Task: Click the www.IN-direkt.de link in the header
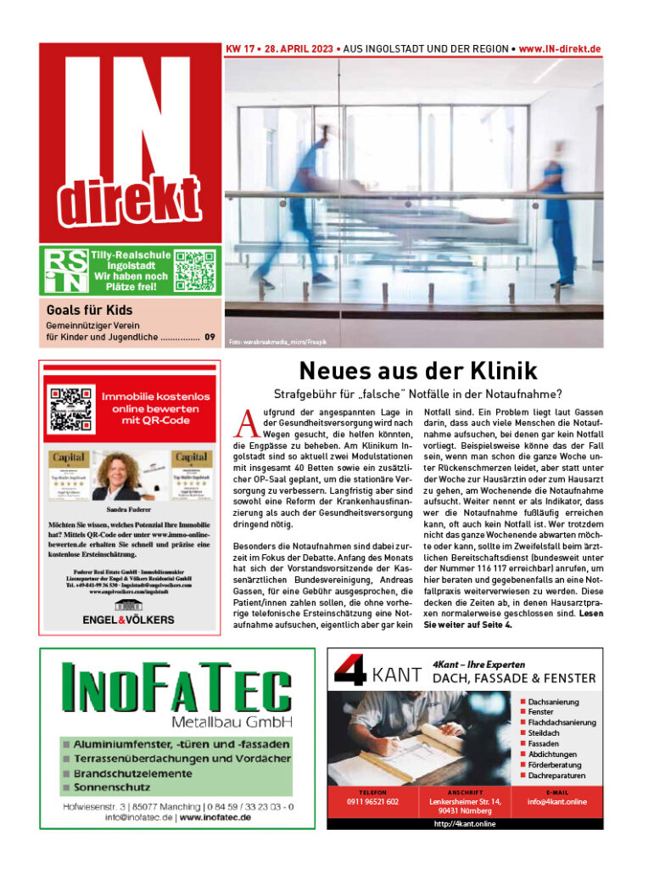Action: (560, 49)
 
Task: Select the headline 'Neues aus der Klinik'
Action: (418, 371)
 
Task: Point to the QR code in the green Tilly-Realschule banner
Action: (195, 270)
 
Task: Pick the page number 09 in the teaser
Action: (210, 338)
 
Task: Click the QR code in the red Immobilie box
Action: (70, 408)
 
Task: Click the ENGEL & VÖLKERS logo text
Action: (128, 620)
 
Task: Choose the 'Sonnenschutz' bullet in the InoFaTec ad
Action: (112, 787)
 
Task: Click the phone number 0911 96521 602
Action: (372, 801)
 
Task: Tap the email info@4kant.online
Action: (556, 801)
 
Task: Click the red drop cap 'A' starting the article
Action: (246, 421)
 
